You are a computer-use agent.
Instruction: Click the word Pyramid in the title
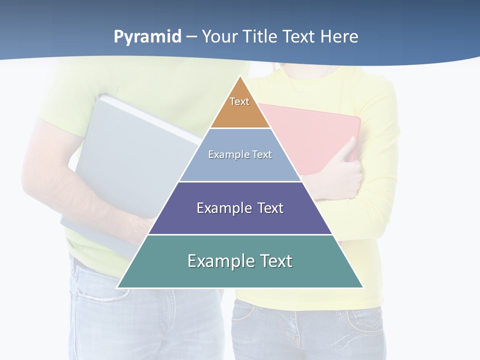pos(147,37)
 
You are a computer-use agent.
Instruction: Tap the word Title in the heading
pos(261,36)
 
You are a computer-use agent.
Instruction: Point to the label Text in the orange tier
pos(239,101)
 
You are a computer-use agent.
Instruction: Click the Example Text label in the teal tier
pos(240,261)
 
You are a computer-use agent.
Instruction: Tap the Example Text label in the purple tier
pos(240,208)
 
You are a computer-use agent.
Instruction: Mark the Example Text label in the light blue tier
pos(240,154)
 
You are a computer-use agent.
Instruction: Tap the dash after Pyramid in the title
pos(191,37)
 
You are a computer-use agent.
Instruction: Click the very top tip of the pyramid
pos(240,77)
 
